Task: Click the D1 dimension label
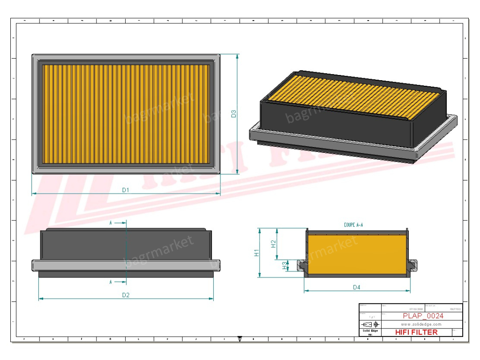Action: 126,190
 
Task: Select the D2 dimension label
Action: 126,295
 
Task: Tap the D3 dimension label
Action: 233,113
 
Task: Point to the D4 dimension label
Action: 357,287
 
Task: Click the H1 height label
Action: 256,253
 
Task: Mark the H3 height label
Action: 285,265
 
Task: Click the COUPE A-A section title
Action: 353,225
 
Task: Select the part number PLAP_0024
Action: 423,316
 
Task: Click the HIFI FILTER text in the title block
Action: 417,332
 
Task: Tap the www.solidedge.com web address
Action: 421,324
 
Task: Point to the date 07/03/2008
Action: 415,309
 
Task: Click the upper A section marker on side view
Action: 111,223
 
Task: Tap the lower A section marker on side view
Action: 111,282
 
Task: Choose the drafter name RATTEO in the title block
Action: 455,309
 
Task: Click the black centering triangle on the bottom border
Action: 240,338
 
